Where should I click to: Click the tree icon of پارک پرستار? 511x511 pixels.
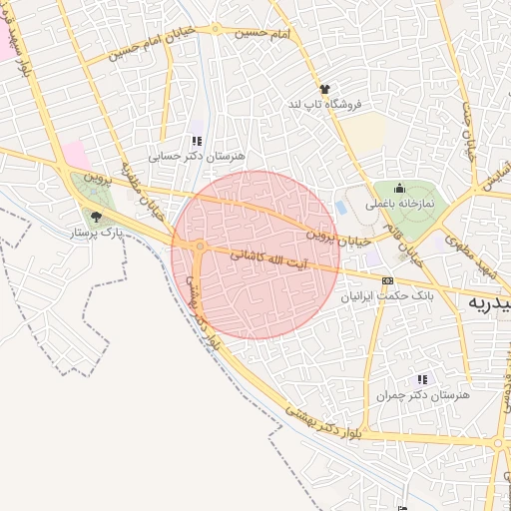click(x=96, y=216)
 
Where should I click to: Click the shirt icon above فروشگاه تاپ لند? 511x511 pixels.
click(x=323, y=89)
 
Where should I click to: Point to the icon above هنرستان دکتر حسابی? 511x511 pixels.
click(x=197, y=142)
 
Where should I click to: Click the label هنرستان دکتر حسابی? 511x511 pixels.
click(x=197, y=157)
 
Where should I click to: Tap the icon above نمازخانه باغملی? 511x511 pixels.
click(x=400, y=187)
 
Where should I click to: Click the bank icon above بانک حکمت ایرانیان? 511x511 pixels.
click(x=387, y=280)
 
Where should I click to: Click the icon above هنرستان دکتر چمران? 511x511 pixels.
click(x=422, y=379)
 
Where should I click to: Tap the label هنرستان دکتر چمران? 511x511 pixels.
click(x=422, y=395)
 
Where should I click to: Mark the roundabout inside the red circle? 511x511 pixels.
click(x=201, y=246)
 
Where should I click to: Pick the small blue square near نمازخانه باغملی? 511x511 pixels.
click(x=342, y=208)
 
